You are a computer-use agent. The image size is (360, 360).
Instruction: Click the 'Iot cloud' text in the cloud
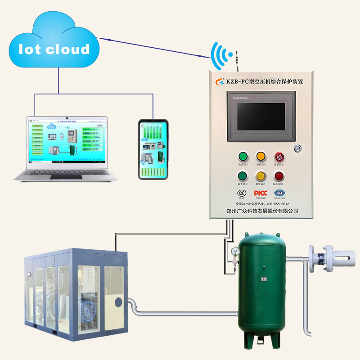(x=54, y=49)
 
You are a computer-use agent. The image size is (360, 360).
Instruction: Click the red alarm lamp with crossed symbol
(x=279, y=157)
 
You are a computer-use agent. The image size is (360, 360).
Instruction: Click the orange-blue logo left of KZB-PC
(x=219, y=81)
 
